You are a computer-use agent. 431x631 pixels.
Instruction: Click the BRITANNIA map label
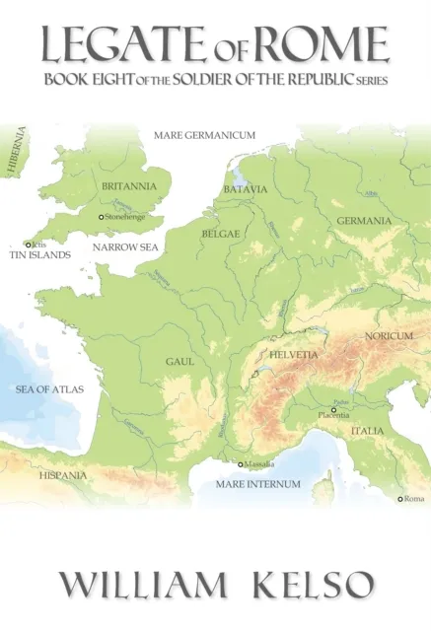[130, 185]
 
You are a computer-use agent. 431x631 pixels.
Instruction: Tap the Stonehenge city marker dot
[100, 217]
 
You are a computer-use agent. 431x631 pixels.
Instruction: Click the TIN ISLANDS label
[39, 254]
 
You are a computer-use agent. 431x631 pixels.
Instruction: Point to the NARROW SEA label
[121, 248]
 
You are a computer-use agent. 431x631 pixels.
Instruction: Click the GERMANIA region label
[364, 220]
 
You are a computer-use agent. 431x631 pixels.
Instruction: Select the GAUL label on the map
[179, 362]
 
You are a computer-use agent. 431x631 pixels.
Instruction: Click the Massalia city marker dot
[239, 464]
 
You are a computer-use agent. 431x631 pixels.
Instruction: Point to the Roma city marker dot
[400, 499]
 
